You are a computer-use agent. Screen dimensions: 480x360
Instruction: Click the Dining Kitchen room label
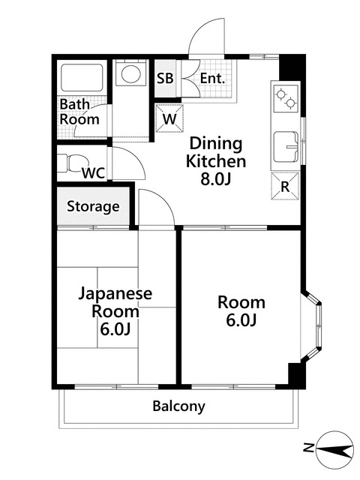(216, 151)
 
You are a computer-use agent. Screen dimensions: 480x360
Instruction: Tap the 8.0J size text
(216, 180)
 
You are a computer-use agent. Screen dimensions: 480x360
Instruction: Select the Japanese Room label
(115, 302)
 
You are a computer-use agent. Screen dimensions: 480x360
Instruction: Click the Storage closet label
(94, 206)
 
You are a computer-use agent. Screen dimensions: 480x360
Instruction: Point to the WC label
(92, 172)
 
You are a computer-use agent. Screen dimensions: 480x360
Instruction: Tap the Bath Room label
(79, 112)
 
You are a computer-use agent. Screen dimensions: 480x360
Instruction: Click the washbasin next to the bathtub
(132, 76)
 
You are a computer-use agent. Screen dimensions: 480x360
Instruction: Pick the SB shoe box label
(166, 78)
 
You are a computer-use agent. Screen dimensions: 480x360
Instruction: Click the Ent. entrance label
(212, 78)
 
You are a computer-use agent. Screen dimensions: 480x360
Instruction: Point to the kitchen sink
(286, 145)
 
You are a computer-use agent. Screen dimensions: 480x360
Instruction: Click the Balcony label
(178, 406)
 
